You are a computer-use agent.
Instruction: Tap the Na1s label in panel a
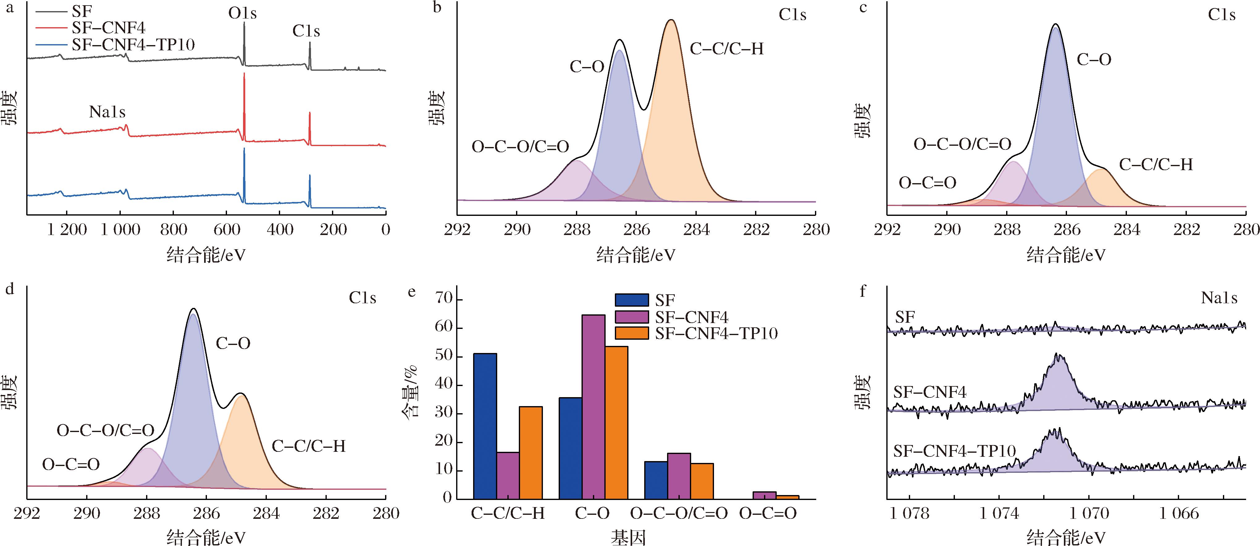tap(107, 112)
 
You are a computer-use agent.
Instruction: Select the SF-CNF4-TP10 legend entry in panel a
tap(133, 45)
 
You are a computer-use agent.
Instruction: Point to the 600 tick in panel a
tap(226, 229)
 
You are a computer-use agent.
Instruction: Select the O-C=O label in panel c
tap(927, 183)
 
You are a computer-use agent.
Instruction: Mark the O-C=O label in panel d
tap(71, 464)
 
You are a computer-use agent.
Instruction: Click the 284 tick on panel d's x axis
tap(267, 513)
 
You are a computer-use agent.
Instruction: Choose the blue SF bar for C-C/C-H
tap(485, 426)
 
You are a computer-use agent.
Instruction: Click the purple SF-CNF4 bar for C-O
tap(593, 406)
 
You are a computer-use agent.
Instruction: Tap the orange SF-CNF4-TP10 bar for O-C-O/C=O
tap(702, 481)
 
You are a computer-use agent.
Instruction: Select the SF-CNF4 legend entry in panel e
tap(692, 317)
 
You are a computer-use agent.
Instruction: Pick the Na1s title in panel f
tap(1219, 298)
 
